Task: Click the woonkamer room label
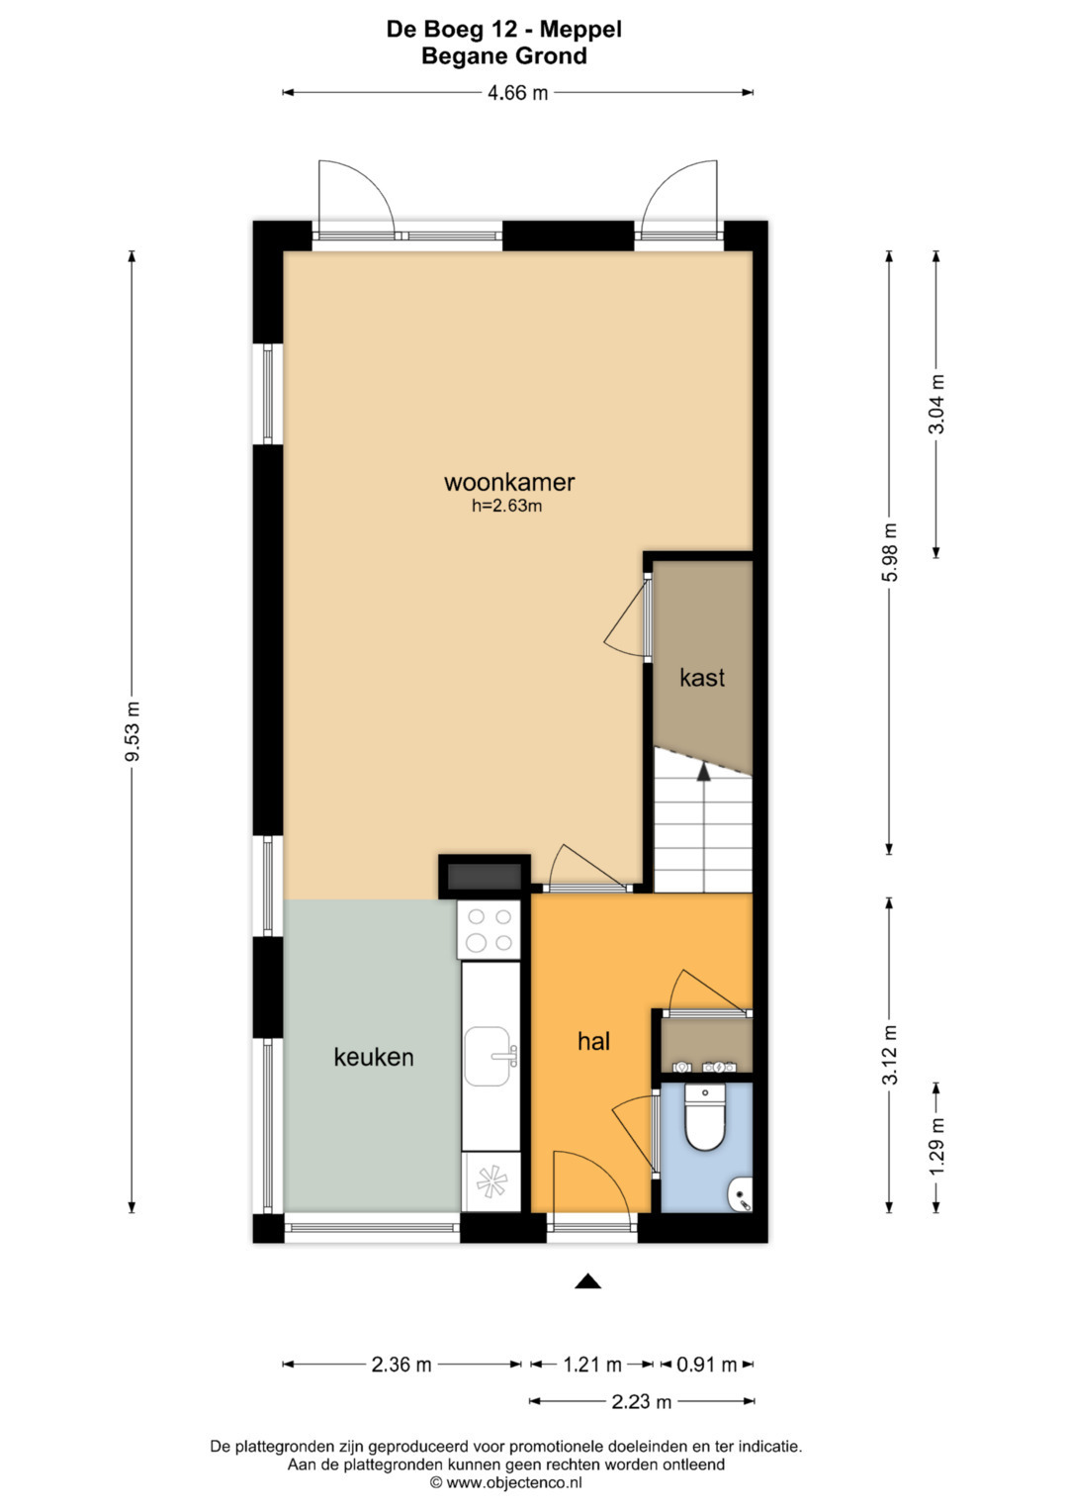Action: click(509, 482)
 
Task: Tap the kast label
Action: click(702, 677)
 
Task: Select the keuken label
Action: click(374, 1057)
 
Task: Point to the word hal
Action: click(593, 1041)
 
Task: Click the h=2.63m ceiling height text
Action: click(506, 506)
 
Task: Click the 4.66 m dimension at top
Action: click(517, 92)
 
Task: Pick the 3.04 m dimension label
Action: click(936, 404)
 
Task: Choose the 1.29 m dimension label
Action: click(936, 1147)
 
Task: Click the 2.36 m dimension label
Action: click(401, 1364)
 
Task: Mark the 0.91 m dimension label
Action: click(707, 1364)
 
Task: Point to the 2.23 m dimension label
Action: click(641, 1402)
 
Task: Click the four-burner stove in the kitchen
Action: click(489, 929)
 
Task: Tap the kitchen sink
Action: click(490, 1057)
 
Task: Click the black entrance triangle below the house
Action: click(587, 1281)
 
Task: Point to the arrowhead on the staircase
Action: click(703, 772)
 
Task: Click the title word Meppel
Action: click(580, 30)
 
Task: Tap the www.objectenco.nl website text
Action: click(514, 1482)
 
